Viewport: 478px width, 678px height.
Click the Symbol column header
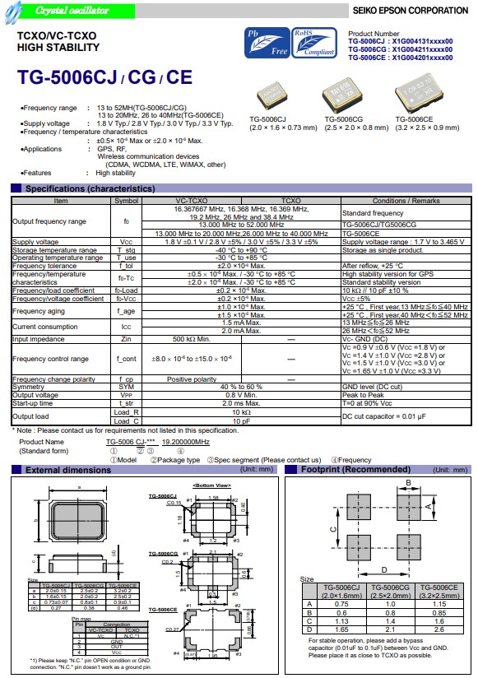(x=126, y=201)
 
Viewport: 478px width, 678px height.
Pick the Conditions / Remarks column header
(x=406, y=201)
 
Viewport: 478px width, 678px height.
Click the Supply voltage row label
(x=35, y=242)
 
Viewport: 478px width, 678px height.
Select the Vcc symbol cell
(x=126, y=242)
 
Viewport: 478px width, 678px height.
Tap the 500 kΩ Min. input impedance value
(x=191, y=338)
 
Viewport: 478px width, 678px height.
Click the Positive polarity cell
(x=191, y=379)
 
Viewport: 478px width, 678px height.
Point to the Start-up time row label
(x=35, y=403)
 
